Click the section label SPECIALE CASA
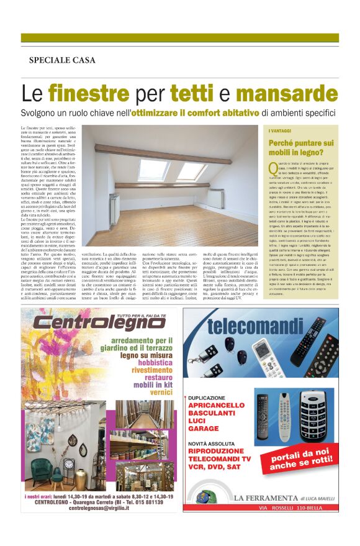62,60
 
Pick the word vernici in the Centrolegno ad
161,393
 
